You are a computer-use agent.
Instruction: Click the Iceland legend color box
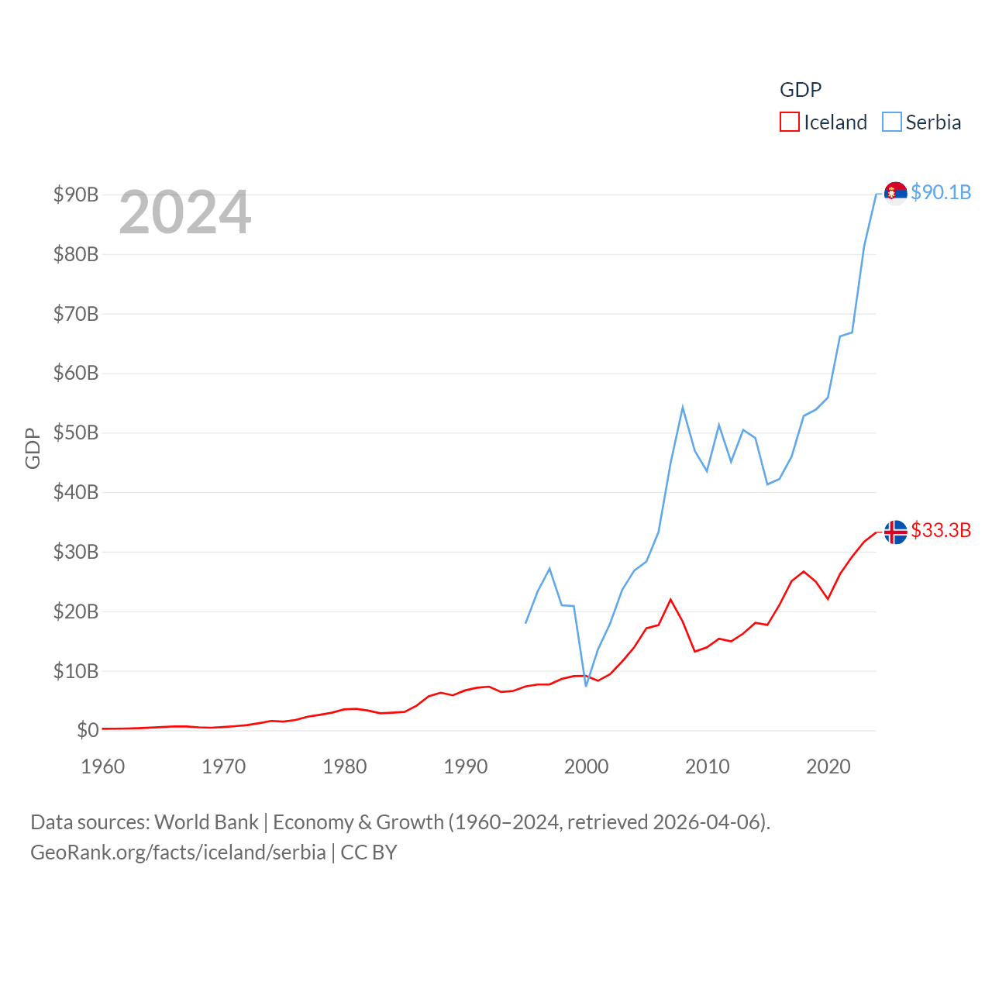tap(789, 122)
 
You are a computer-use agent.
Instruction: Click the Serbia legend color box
tap(892, 122)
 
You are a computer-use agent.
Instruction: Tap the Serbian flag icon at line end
tap(895, 192)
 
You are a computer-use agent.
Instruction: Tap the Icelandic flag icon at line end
tap(895, 532)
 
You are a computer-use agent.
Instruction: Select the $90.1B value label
tap(941, 192)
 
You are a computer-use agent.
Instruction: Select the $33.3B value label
tap(941, 530)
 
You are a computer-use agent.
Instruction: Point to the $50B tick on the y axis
tap(76, 432)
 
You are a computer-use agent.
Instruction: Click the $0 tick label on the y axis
tap(88, 730)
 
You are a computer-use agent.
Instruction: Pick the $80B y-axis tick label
tap(76, 254)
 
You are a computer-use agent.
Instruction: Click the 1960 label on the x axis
tap(102, 766)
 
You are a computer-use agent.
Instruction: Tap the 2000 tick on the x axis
tap(586, 766)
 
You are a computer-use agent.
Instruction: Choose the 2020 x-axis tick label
tap(828, 766)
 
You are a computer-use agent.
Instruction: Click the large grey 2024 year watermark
tap(184, 212)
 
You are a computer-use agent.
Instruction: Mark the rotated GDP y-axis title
tap(33, 448)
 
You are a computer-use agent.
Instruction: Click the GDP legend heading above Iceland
tap(800, 90)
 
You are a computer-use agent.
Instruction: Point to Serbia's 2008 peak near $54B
tap(683, 407)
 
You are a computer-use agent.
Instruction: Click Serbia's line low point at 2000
tap(586, 685)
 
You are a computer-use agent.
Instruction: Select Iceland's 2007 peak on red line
tap(670, 599)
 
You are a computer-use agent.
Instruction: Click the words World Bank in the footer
tap(206, 821)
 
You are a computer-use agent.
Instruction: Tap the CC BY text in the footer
tap(369, 852)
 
